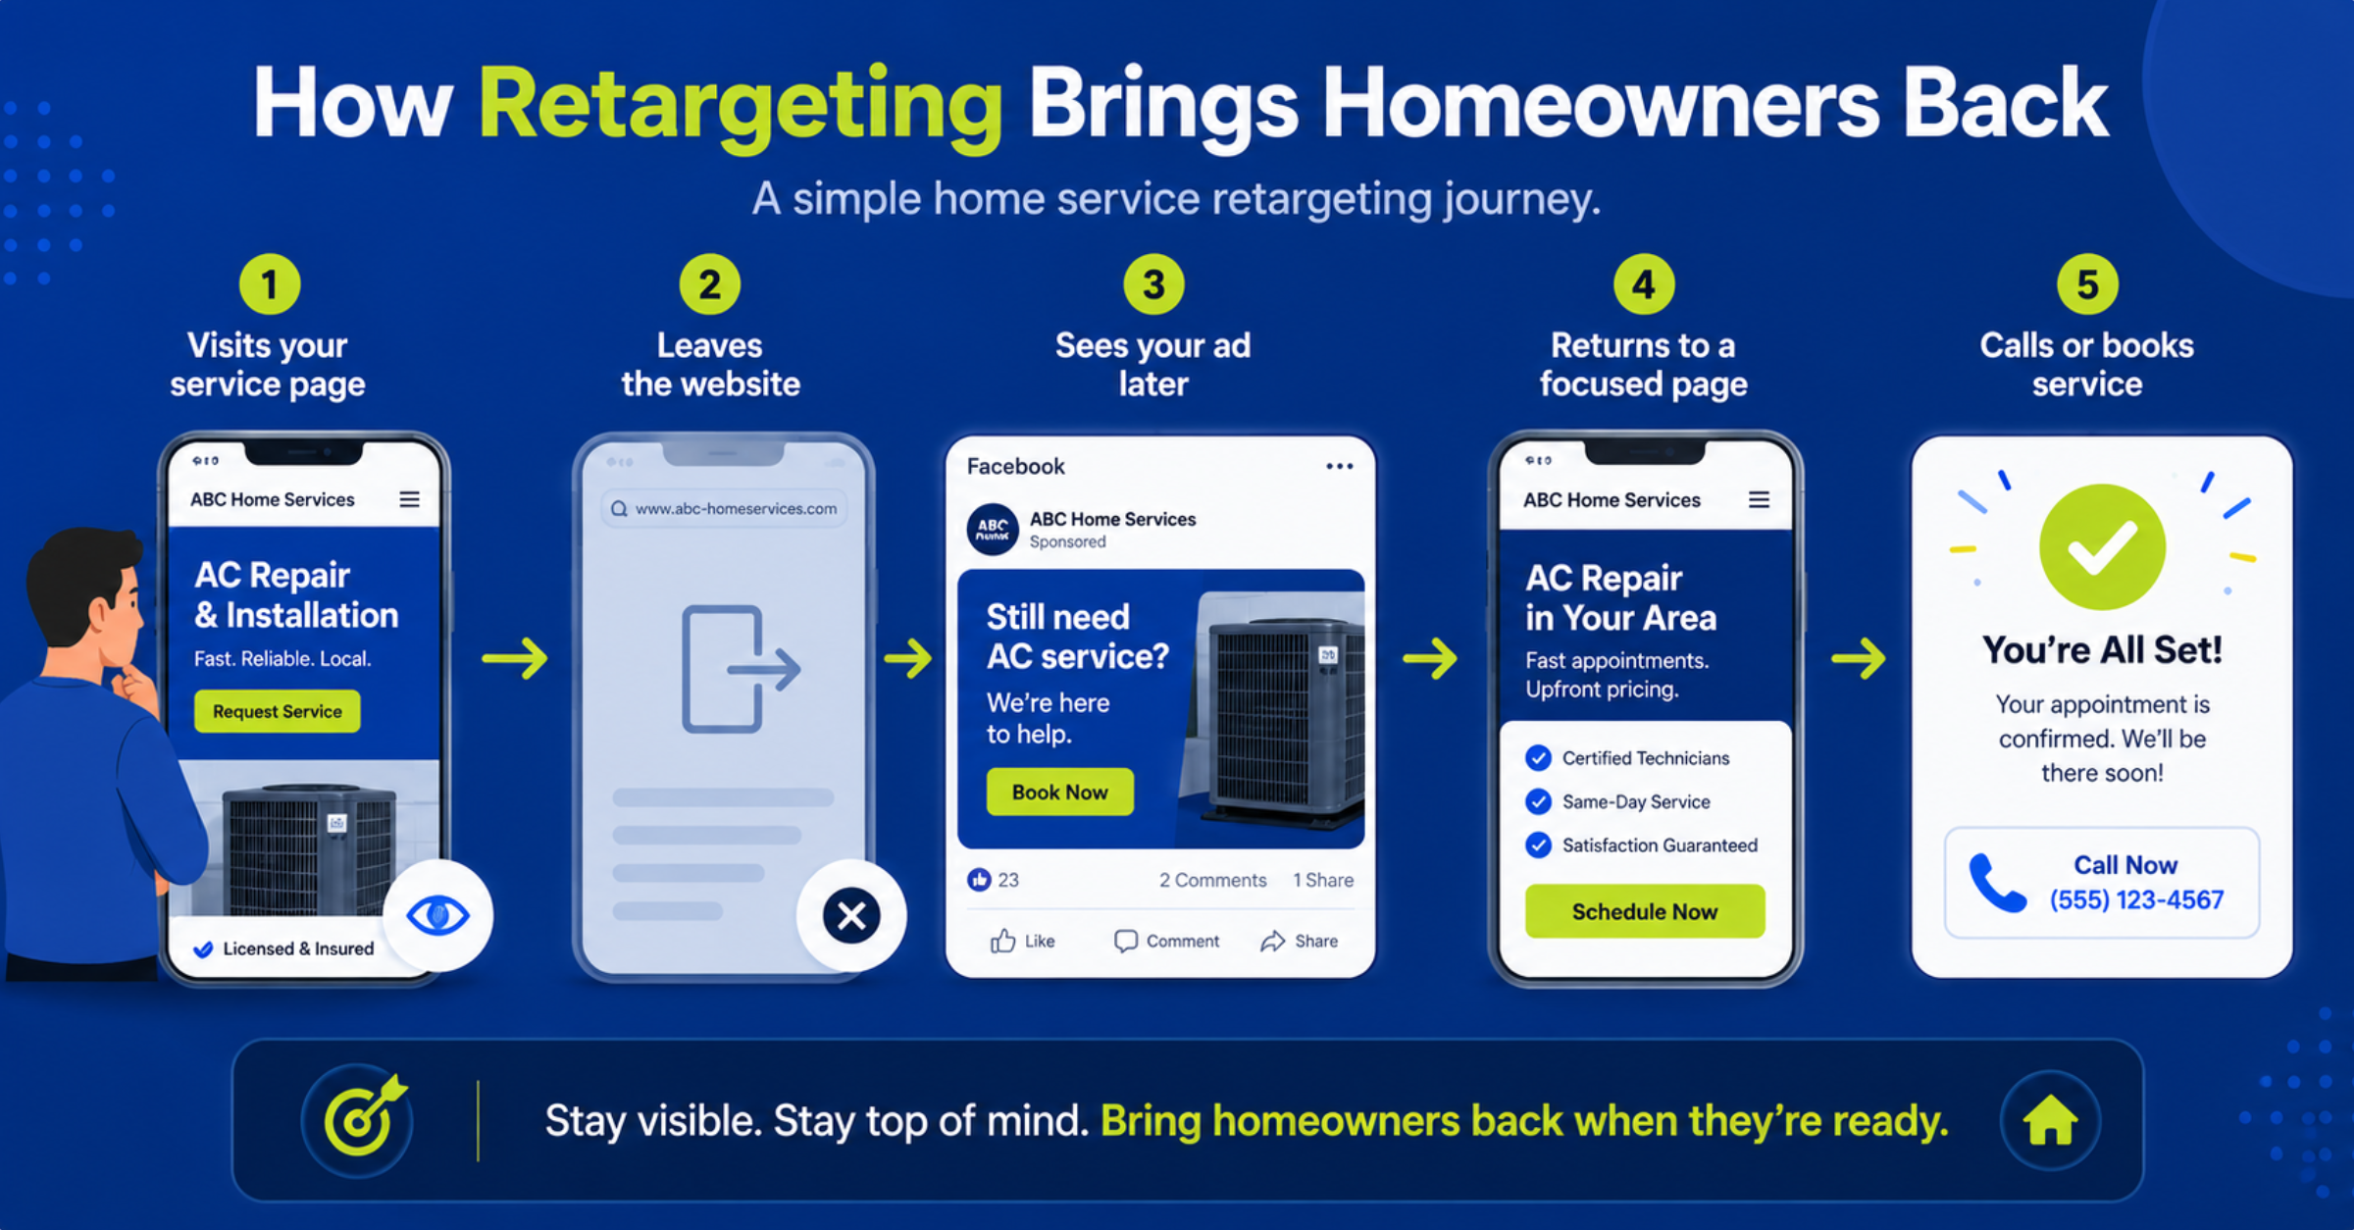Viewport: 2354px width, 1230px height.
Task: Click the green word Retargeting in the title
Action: [x=741, y=106]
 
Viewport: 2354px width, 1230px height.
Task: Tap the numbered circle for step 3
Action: [x=1153, y=284]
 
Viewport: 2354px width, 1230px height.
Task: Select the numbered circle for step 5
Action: [x=2087, y=284]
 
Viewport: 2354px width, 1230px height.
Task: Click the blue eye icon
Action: [x=437, y=915]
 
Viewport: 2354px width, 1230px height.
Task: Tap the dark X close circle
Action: [x=851, y=915]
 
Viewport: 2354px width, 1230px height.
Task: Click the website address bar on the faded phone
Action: [x=725, y=508]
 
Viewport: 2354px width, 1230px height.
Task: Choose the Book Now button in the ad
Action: [x=1060, y=792]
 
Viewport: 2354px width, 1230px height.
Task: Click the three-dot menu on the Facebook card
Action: [x=1340, y=466]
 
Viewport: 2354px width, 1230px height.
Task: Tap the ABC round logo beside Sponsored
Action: [x=993, y=530]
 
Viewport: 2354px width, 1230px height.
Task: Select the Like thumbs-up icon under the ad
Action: [x=1002, y=941]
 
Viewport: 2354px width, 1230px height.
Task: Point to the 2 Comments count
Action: [x=1213, y=880]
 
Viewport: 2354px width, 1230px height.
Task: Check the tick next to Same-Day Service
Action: [x=1538, y=801]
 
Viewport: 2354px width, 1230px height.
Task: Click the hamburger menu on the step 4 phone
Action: [x=1760, y=499]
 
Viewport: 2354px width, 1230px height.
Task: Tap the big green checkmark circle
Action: [x=2102, y=546]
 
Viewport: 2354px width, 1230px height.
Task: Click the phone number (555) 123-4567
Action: [x=2136, y=899]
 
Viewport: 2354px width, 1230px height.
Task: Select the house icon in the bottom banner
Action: [x=2050, y=1120]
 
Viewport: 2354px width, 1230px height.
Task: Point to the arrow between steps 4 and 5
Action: [x=1859, y=658]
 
